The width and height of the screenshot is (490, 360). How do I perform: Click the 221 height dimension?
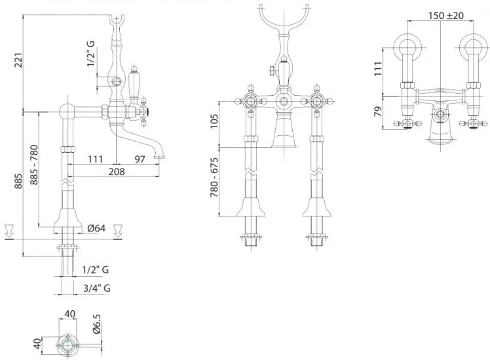point(19,60)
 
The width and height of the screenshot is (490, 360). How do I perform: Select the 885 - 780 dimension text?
point(34,165)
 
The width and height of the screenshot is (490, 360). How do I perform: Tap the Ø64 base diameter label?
point(96,228)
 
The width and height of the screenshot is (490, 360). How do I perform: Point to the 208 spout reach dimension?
point(117,171)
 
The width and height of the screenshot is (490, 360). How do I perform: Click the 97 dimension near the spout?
point(140,159)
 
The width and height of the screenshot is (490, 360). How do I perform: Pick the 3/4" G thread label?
point(97,288)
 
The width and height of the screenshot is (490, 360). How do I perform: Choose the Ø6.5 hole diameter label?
point(96,324)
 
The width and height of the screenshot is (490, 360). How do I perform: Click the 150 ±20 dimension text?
point(445,15)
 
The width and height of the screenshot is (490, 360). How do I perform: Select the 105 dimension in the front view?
point(214,121)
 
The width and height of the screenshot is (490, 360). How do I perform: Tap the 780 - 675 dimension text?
point(214,177)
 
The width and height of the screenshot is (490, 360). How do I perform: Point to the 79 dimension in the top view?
point(378,111)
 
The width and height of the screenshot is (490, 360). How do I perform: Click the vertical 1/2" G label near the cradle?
point(90,54)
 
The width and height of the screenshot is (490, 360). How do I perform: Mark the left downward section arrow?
point(9,231)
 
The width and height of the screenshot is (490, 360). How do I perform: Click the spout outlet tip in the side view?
point(159,157)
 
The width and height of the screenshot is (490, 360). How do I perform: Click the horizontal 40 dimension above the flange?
point(69,313)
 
